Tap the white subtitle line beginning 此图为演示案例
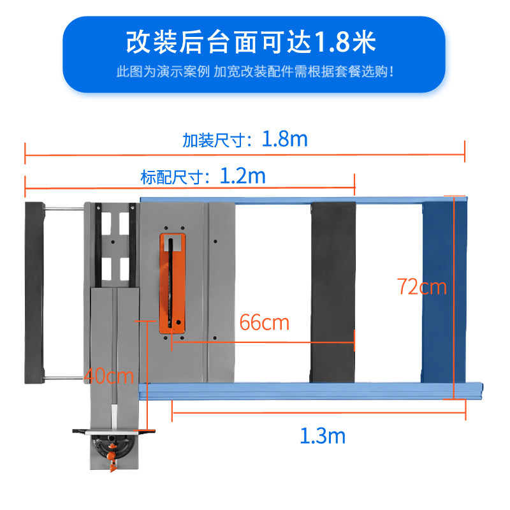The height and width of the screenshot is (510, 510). click(x=255, y=71)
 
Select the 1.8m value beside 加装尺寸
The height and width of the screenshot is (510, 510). click(x=284, y=139)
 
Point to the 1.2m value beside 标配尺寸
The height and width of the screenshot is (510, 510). click(x=242, y=175)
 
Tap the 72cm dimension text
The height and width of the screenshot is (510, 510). click(x=421, y=287)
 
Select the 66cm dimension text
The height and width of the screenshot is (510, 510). click(x=264, y=323)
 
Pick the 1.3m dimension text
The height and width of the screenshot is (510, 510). click(x=323, y=436)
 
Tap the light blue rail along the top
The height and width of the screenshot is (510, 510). click(x=300, y=200)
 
